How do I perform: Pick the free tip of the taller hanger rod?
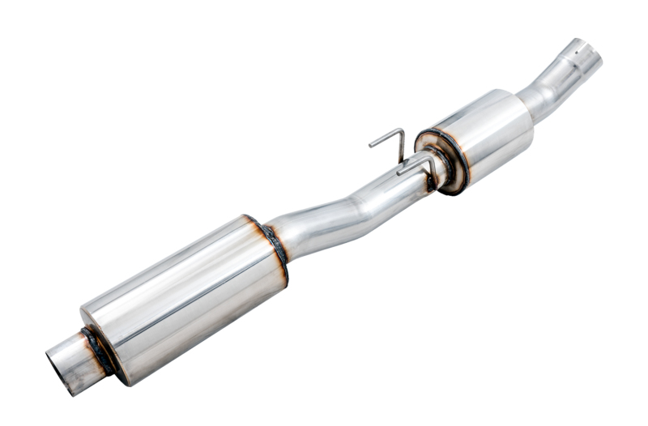[x=372, y=145]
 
